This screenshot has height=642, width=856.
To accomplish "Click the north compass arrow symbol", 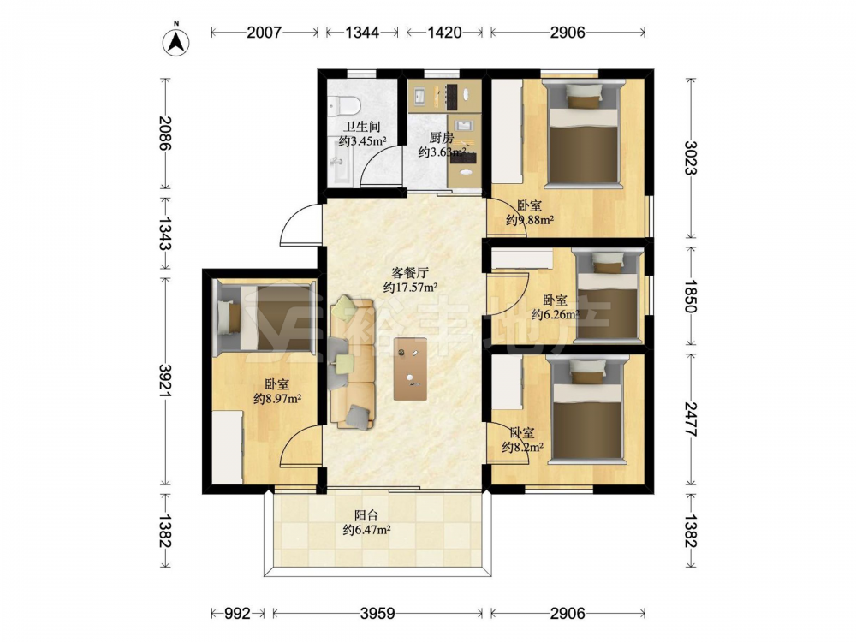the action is coord(175,41).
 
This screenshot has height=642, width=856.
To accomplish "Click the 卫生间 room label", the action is coord(362,127).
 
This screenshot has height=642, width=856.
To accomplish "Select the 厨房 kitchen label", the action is coord(441,137).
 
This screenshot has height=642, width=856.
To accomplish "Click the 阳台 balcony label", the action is coord(366,514).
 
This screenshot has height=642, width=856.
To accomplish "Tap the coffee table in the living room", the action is coord(411,368).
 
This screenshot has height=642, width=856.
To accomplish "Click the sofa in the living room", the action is coord(352,362).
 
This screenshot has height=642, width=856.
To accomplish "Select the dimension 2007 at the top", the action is coord(265,33).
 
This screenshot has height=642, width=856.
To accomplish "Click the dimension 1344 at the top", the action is coord(362,33).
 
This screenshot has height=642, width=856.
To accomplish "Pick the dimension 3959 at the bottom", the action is coord(377,614).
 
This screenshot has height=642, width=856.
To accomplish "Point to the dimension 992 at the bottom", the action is coord(237,614).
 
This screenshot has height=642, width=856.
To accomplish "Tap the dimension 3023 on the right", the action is coord(690,158).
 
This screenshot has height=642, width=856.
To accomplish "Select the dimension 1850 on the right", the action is coord(690,295).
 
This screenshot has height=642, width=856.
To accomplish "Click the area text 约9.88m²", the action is coord(530,220).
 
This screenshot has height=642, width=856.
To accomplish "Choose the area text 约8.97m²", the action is coord(278,399).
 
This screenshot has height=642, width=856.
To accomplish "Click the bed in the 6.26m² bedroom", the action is coord(607,296).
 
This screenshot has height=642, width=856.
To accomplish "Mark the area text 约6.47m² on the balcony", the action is coord(366,529).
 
